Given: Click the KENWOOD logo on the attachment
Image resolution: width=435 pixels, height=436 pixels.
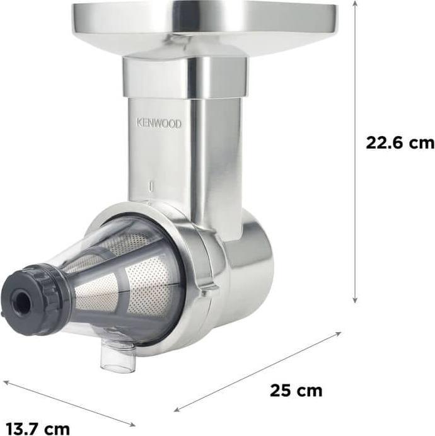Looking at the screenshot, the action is point(159,123).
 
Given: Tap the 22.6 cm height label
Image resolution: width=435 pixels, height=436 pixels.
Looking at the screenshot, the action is point(400,143).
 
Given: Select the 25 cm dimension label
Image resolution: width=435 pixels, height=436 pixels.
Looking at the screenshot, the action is point(296,391).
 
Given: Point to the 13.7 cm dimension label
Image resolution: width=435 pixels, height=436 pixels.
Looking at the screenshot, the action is point(38,428).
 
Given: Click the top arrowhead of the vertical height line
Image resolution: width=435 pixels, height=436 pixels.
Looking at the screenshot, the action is point(354,3).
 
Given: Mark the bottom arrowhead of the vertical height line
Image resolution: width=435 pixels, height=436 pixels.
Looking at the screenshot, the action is point(354,301).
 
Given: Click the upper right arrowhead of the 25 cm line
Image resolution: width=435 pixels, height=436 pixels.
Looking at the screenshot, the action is point(339,334).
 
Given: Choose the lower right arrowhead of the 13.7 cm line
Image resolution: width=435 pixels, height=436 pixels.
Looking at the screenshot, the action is point(132,424).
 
